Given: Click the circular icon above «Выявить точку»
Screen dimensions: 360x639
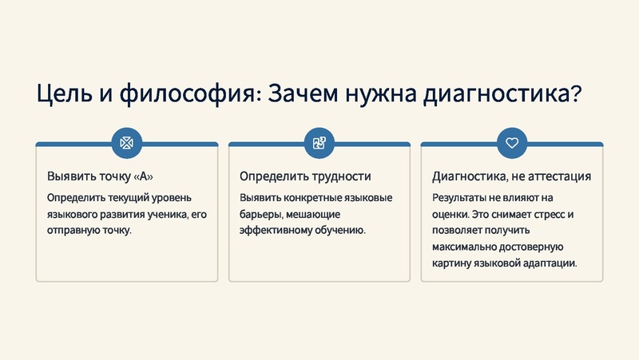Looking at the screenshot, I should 126,143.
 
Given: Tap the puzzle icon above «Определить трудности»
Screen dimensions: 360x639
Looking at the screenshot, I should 319,143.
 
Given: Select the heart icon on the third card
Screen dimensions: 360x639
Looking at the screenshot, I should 511,143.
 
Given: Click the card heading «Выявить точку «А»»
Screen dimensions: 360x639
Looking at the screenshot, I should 100,176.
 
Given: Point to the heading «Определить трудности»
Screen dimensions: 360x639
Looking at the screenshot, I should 305,176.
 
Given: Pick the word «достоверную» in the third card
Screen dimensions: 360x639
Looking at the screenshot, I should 529,247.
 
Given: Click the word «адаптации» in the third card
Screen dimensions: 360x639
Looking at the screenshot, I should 550,263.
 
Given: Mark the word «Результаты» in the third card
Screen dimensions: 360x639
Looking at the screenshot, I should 462,197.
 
